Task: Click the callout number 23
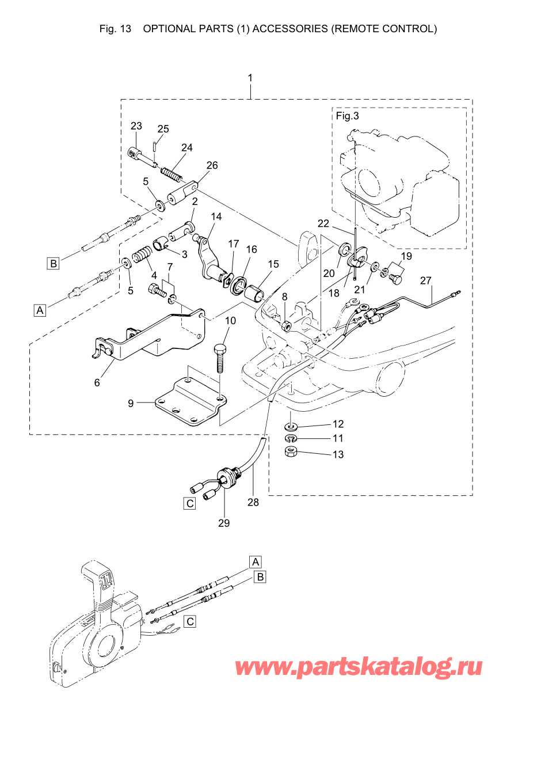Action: [136, 126]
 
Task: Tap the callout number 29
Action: [224, 523]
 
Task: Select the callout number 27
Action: [425, 280]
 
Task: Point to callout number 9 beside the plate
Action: [131, 403]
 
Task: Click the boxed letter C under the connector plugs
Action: [190, 503]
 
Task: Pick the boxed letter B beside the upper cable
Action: [54, 263]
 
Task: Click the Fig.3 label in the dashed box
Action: [347, 116]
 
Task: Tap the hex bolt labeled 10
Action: [219, 357]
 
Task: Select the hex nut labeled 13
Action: [291, 452]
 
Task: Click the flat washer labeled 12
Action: [291, 427]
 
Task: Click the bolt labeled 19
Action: [395, 279]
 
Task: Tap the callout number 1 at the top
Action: [250, 78]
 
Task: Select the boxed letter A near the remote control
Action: [256, 561]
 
